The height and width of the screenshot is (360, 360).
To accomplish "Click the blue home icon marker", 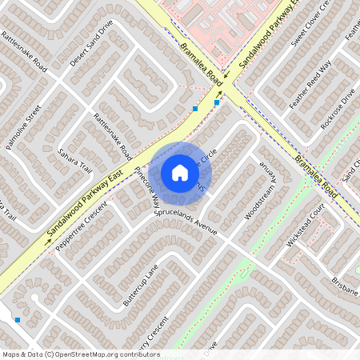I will click(x=180, y=172).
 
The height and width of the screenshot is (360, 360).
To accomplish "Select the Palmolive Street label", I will click(x=22, y=126).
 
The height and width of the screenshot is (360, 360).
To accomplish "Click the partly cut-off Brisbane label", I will click(x=345, y=286).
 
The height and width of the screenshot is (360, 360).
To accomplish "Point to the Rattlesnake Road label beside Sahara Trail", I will click(x=113, y=132).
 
